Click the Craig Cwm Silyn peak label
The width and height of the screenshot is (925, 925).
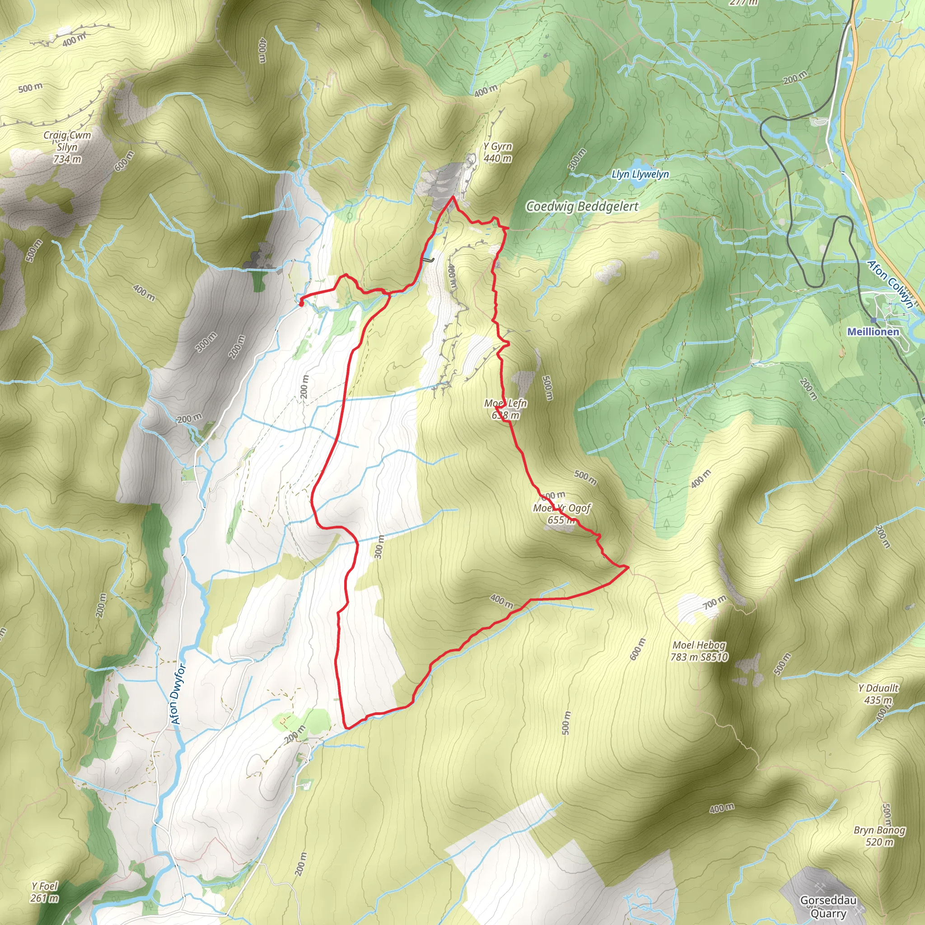67,147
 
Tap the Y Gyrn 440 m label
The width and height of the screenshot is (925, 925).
497,152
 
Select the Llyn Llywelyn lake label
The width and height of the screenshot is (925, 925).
640,174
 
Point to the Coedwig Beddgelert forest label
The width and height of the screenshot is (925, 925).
582,206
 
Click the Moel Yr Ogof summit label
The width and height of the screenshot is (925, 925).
561,513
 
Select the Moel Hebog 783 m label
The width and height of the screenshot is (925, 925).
699,651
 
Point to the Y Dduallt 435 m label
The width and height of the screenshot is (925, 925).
878,694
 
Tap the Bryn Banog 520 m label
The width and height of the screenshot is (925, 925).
879,836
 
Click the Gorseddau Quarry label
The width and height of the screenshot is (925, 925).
828,906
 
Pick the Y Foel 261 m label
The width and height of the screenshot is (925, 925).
45,892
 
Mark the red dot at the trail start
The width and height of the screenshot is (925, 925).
301,303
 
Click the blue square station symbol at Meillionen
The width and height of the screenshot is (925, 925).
874,320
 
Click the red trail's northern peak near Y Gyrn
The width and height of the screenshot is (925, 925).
453,197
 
